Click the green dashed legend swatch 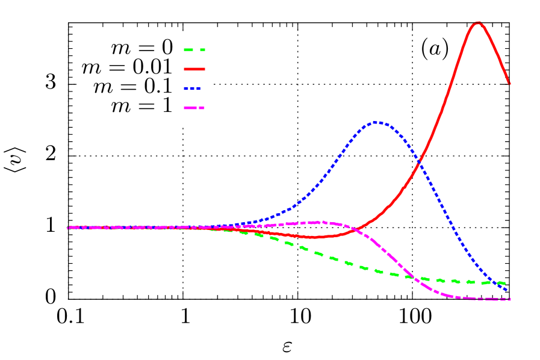point(194,50)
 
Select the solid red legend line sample point(194,69)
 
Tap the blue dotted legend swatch point(192,88)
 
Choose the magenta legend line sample point(194,108)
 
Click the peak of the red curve point(478,23)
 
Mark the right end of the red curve point(509,84)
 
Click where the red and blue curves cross point(418,161)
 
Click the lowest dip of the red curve point(312,237)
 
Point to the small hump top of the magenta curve point(319,222)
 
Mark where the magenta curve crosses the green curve point(412,277)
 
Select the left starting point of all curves point(67,228)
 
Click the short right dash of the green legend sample point(202,50)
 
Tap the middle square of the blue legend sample point(192,88)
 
